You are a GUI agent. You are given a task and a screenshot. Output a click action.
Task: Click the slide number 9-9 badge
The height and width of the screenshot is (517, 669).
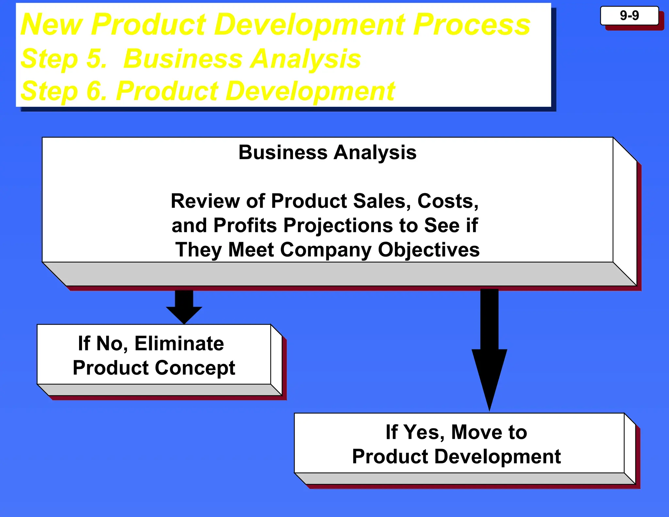click(x=629, y=16)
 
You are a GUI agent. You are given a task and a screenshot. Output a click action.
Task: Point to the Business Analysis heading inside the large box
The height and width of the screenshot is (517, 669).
click(x=327, y=152)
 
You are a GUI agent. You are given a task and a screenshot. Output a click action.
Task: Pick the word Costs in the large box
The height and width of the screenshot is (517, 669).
click(x=448, y=201)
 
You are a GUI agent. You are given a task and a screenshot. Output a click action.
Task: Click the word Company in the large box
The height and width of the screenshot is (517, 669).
click(x=326, y=250)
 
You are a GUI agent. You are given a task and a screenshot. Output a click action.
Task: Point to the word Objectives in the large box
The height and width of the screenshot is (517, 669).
click(x=429, y=250)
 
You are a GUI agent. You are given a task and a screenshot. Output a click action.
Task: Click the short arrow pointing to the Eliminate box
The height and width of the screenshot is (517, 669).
click(x=184, y=307)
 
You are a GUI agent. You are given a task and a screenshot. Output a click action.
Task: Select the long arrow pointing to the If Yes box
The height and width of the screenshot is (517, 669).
click(x=489, y=350)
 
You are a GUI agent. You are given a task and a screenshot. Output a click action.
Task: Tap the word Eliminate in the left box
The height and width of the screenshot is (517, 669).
click(x=179, y=343)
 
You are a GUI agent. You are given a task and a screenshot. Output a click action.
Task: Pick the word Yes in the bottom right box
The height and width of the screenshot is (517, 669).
click(x=424, y=432)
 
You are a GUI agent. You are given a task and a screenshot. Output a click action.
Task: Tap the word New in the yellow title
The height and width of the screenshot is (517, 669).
click(x=52, y=25)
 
